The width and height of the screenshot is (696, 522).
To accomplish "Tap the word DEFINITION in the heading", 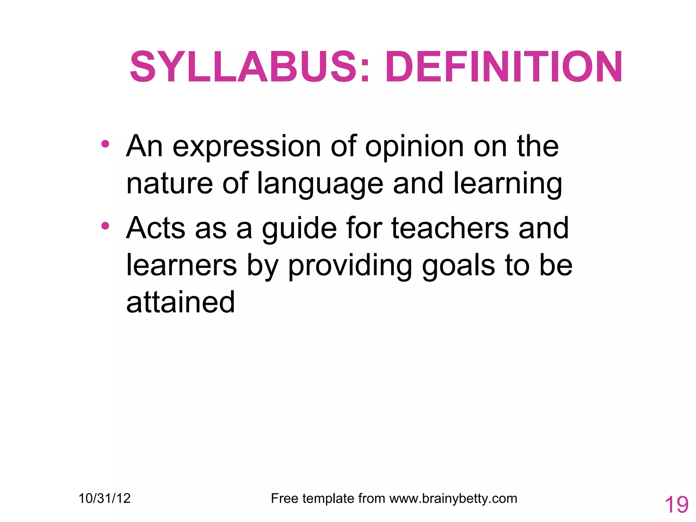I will coord(504,67).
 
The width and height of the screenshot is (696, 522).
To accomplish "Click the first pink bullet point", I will coord(105,144).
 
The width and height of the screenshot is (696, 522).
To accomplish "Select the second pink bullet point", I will coord(105,226).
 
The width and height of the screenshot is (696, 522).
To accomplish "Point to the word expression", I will coord(247,147).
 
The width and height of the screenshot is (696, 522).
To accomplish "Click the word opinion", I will coord(414,147).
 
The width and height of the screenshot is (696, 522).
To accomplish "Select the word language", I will coord(320,184).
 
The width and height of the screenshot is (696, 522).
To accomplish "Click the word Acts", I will coord(156,228).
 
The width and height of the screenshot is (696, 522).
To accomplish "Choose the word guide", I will coord(299,229).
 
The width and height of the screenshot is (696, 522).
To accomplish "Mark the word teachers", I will coord(450,228).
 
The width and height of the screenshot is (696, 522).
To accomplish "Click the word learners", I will coord(181,265).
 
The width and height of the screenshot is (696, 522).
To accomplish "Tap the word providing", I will coord(350,266).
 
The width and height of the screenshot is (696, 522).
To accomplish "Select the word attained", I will coord(180,302).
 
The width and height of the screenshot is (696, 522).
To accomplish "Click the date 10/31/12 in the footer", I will coord(104,499).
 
